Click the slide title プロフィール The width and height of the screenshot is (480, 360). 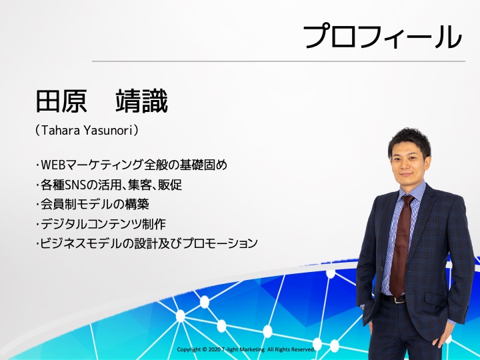click(383, 37)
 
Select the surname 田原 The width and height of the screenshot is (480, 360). click(61, 101)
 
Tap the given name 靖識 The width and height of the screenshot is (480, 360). click(142, 101)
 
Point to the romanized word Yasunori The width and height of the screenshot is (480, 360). click(107, 131)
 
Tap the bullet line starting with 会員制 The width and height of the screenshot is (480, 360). click(93, 204)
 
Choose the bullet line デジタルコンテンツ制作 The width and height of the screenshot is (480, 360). click(101, 224)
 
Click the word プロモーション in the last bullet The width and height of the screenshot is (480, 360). click(220, 243)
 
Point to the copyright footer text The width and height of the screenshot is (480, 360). click(246, 349)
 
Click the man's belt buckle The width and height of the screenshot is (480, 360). click(399, 299)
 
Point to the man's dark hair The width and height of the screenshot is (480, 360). click(409, 141)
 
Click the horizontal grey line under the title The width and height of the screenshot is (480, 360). click(279, 61)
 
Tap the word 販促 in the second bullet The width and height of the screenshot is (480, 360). click(170, 185)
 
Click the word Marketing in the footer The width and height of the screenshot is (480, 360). click(252, 349)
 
